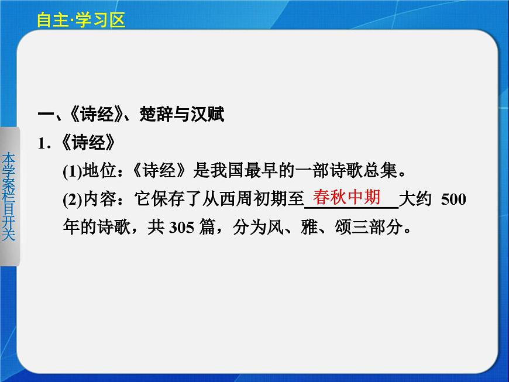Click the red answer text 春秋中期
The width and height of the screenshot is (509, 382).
coord(346,197)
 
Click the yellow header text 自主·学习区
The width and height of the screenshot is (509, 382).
coord(81,20)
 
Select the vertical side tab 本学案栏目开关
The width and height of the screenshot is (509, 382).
coord(10,196)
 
